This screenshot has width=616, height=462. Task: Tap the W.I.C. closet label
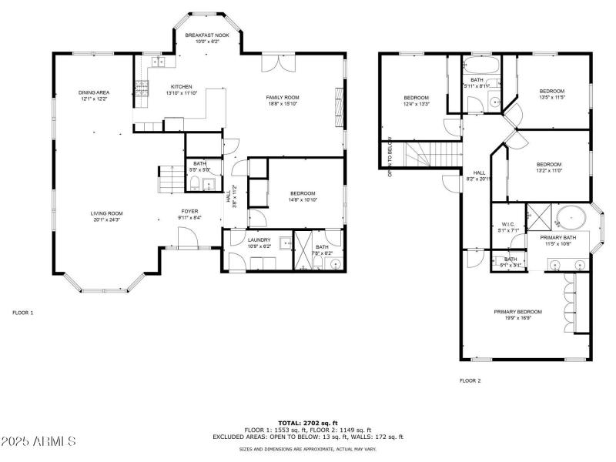tap(507, 226)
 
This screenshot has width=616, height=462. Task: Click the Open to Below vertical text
tap(390, 157)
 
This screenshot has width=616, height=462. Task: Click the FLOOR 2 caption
tap(470, 380)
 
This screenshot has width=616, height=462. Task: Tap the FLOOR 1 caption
tap(23, 313)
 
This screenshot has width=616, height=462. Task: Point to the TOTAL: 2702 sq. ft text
tap(308, 423)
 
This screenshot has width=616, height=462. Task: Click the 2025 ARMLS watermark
tap(38, 441)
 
